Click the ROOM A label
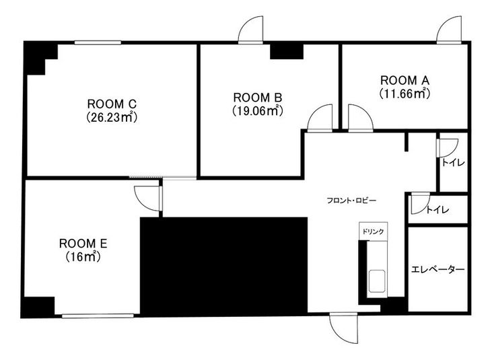[405, 79]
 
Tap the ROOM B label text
[258, 97]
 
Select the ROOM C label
[112, 104]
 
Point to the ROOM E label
[83, 243]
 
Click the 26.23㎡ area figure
[112, 117]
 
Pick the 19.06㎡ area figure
[258, 110]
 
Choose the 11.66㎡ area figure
[405, 94]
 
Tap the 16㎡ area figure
[83, 256]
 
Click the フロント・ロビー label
[351, 201]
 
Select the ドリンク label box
[373, 231]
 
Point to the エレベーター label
[437, 269]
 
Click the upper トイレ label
[452, 162]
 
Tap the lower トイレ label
[437, 210]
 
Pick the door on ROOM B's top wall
[250, 30]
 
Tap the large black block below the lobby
[223, 265]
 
